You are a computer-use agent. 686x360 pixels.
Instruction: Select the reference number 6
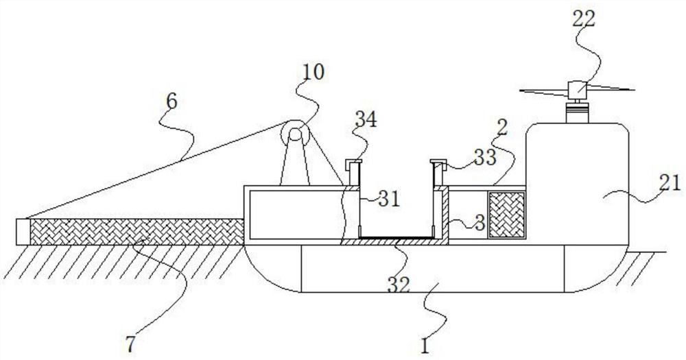coord(171,101)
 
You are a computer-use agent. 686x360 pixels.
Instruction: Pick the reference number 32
coord(400,283)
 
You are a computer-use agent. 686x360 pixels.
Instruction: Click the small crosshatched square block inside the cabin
coord(506,214)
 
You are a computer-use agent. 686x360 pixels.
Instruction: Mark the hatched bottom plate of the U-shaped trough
coord(394,241)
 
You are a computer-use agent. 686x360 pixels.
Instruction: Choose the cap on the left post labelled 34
coord(353,163)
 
